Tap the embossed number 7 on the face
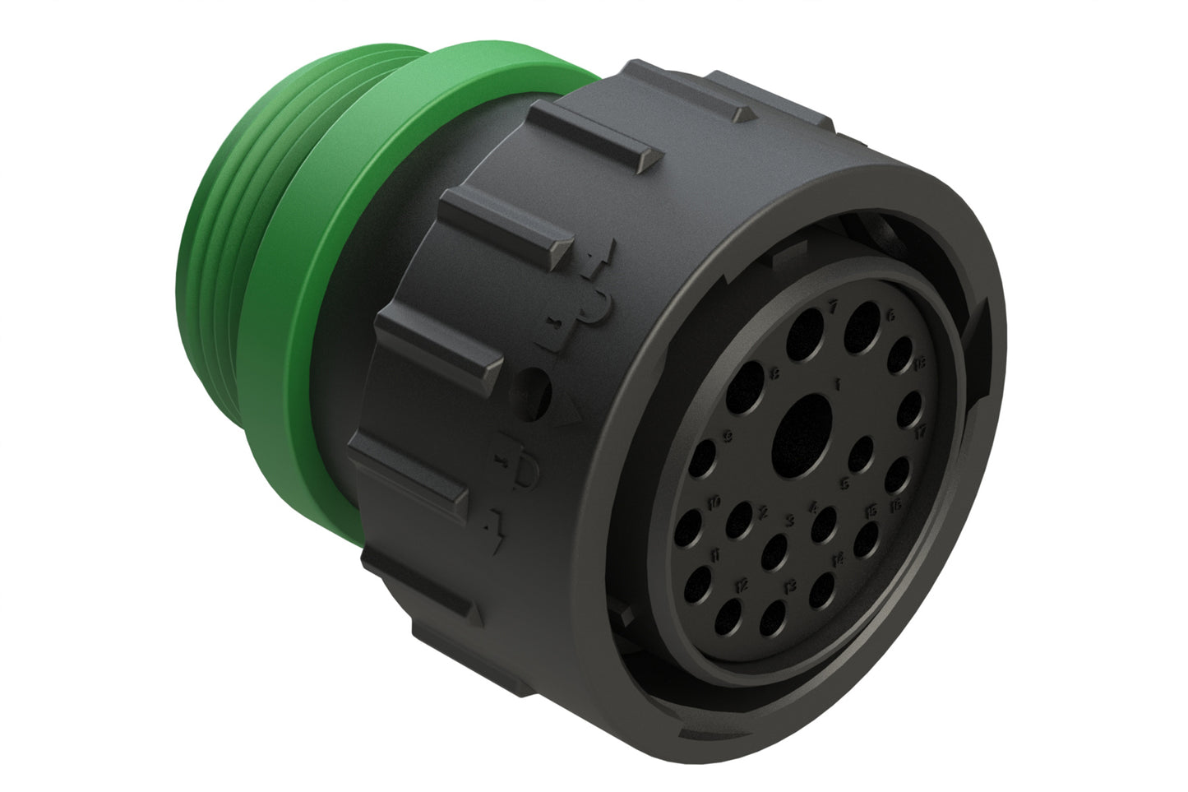tap(833, 305)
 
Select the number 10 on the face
tap(714, 502)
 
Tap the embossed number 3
tap(789, 520)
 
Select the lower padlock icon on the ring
tap(523, 469)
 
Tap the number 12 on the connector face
tap(742, 586)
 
